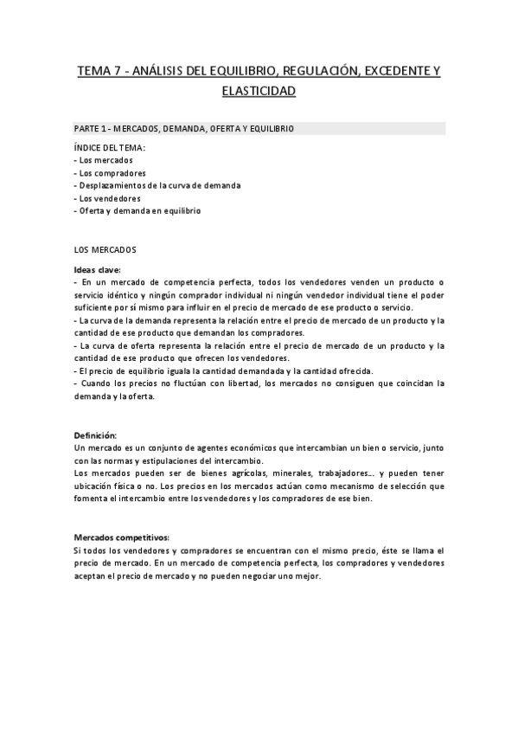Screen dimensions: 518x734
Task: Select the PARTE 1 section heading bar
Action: tap(259, 128)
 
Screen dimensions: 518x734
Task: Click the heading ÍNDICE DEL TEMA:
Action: tap(110, 147)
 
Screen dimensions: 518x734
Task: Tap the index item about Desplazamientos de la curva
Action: tap(157, 185)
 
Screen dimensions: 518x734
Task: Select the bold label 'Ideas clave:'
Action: tap(98, 268)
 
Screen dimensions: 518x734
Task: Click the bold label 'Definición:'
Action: tap(95, 434)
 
